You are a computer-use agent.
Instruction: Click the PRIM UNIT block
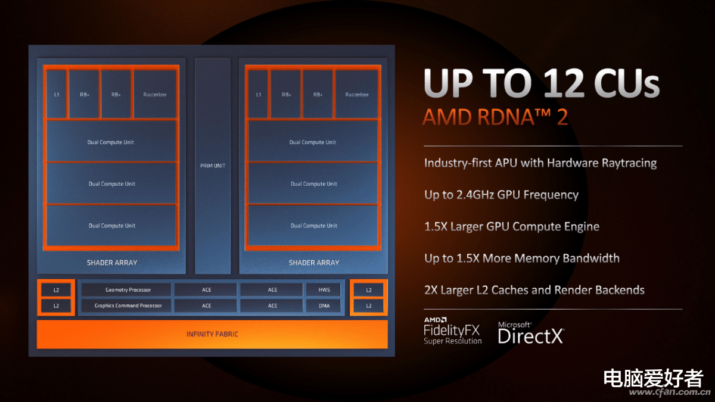(x=213, y=166)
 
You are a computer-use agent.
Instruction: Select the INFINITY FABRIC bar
(x=212, y=334)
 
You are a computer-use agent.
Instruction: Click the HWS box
(x=324, y=289)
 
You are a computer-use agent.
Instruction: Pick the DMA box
(x=324, y=306)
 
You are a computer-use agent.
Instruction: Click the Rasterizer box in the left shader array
(x=155, y=94)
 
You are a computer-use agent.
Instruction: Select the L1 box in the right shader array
(x=258, y=94)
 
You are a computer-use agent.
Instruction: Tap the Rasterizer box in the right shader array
(x=356, y=94)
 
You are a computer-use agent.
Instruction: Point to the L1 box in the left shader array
(x=57, y=94)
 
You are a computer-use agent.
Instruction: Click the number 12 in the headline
(x=564, y=83)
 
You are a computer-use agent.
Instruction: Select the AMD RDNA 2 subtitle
(x=495, y=117)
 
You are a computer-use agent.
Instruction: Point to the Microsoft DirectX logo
(x=531, y=333)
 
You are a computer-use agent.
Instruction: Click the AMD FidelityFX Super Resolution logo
(x=453, y=331)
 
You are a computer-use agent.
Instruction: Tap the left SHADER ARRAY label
(x=112, y=263)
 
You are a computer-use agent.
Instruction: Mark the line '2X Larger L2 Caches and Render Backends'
(x=534, y=290)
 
